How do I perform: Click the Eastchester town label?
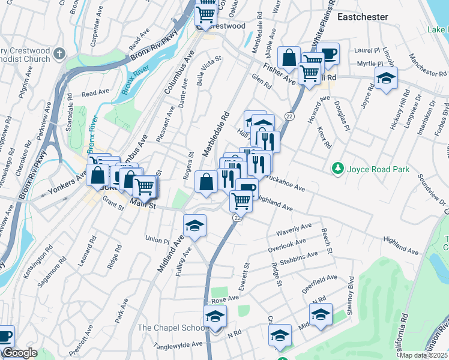[x=362, y=17]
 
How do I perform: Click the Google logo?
[x=19, y=353]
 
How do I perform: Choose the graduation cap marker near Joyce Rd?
[x=386, y=78]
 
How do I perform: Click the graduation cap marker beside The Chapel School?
[x=214, y=316]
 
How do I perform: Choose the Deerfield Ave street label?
[x=319, y=282]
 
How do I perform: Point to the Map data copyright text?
[x=424, y=355]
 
